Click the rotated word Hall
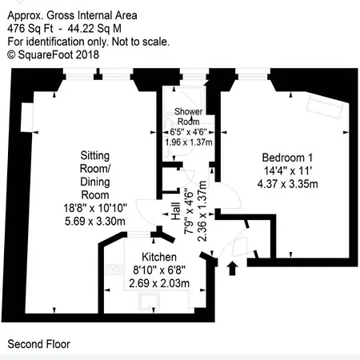click(175, 210)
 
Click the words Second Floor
click(38, 344)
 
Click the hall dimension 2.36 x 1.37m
click(203, 215)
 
